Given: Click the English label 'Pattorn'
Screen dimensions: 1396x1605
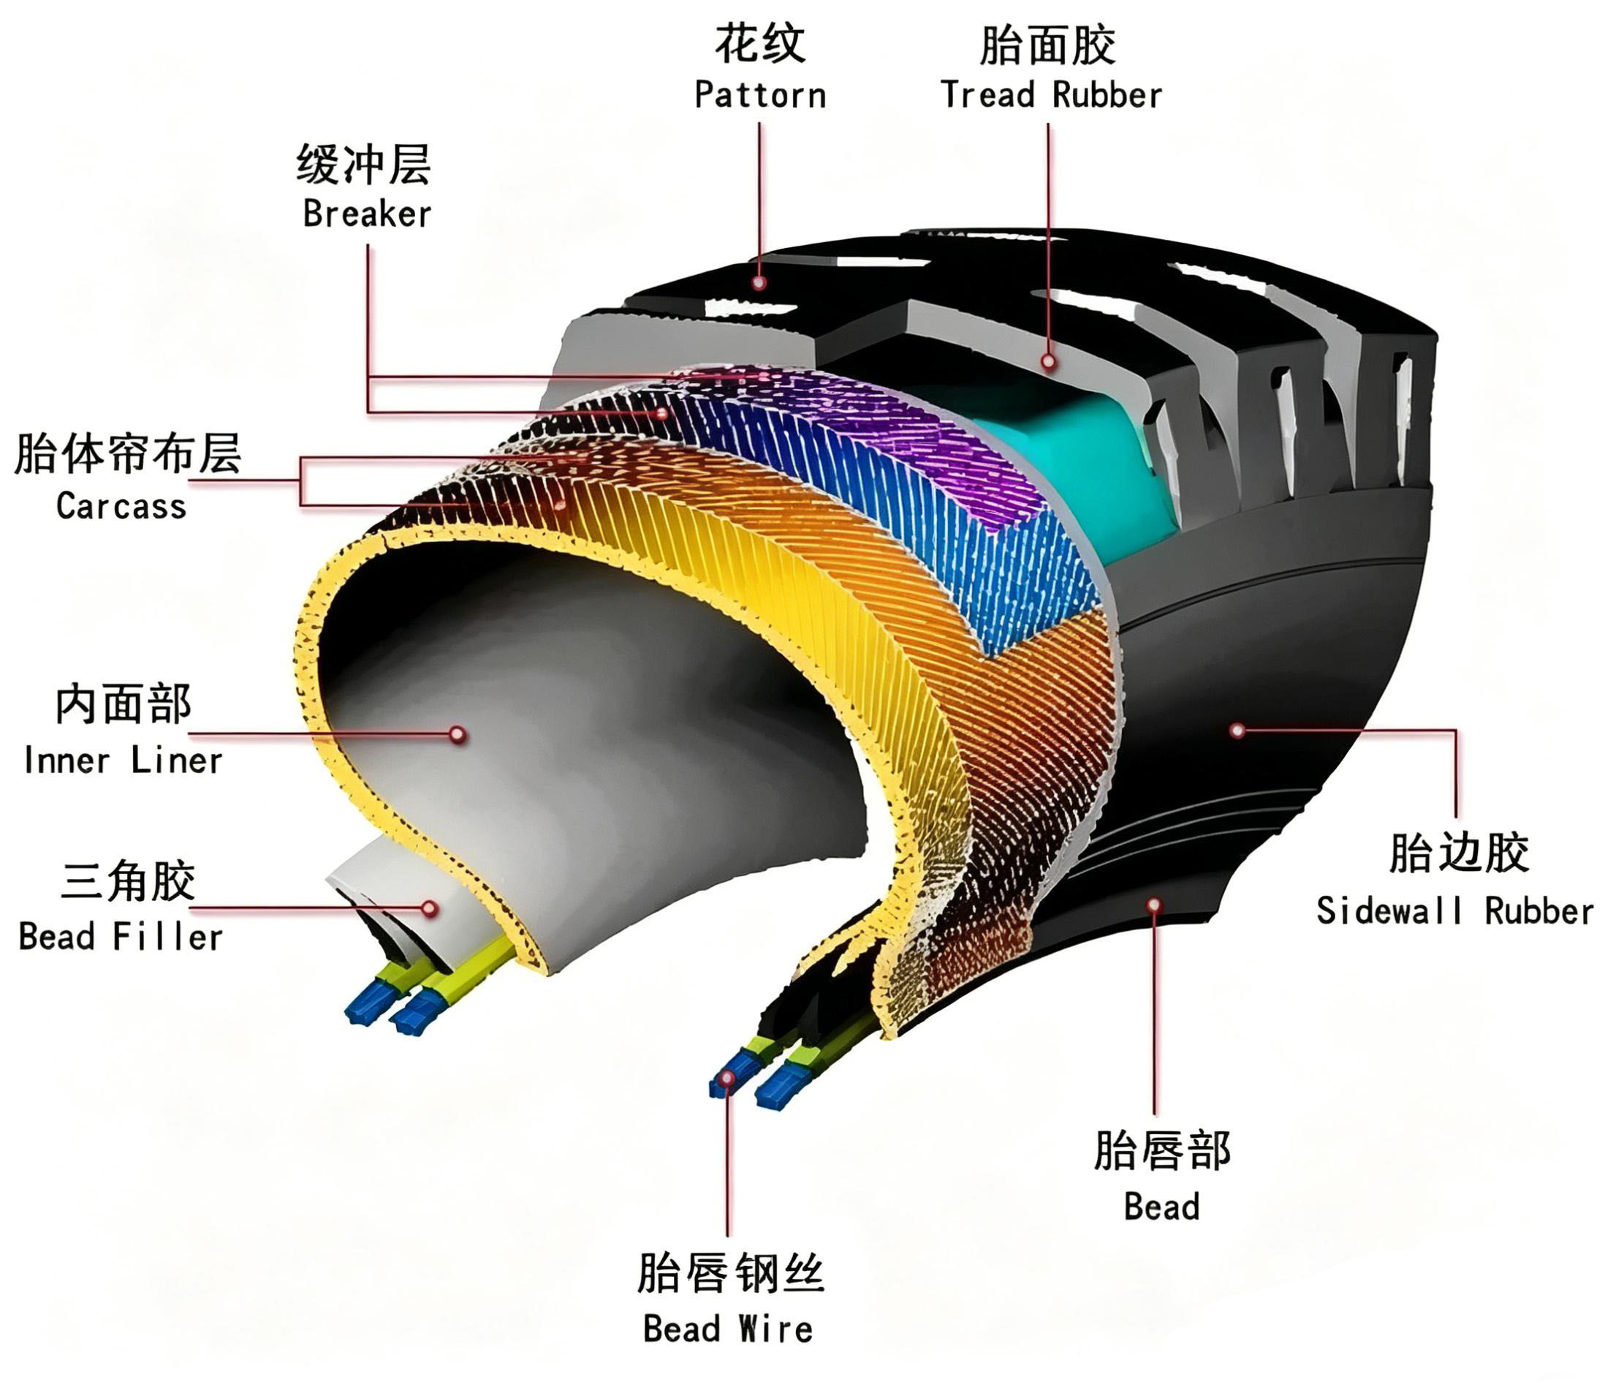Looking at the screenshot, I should click(x=760, y=95).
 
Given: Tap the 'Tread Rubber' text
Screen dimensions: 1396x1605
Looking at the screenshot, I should click(x=1051, y=95).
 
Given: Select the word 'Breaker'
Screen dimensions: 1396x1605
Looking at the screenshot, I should click(x=366, y=214).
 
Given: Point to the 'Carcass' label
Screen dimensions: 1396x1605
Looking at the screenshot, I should click(x=121, y=506).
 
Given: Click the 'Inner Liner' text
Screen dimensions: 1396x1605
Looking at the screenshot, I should click(x=123, y=761).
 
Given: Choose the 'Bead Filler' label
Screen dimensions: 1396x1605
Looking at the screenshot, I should click(x=121, y=936).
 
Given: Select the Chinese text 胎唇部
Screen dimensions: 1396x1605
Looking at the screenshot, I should click(x=1162, y=1151).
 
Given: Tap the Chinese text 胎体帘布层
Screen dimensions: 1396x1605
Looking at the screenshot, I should click(x=128, y=454).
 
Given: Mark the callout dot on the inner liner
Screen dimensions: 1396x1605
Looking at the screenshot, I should click(x=458, y=734).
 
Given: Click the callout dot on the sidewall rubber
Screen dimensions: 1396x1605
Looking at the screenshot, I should click(x=1237, y=730).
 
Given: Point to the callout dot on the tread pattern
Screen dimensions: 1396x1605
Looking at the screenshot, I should click(x=759, y=282).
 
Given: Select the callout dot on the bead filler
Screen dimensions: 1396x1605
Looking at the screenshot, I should click(x=429, y=908).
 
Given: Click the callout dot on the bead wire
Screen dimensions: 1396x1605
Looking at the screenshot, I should click(x=728, y=1078).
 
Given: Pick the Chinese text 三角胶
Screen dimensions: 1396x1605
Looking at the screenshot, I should click(x=128, y=882).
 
